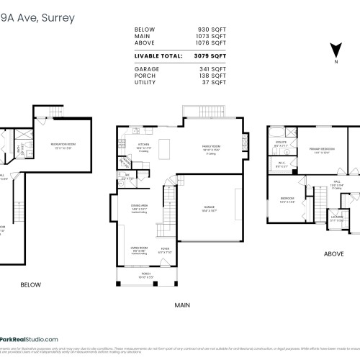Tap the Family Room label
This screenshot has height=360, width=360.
pos(210,146)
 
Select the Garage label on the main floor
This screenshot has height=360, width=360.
pos(209,207)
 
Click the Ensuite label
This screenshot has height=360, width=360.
pos(281,143)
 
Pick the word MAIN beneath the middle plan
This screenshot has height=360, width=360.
pos(181,305)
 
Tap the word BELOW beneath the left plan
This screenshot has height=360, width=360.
pos(30,284)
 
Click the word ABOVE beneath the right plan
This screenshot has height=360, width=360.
pos(333,253)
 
